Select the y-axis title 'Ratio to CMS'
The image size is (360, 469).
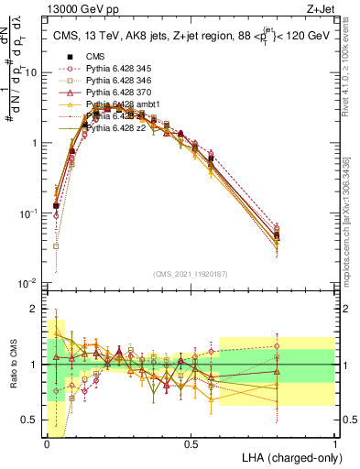click(x=13, y=364)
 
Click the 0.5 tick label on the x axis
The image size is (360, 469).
click(x=191, y=442)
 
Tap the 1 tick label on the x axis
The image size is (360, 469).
click(x=334, y=442)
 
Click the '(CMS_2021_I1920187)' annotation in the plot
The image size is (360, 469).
click(x=191, y=274)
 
